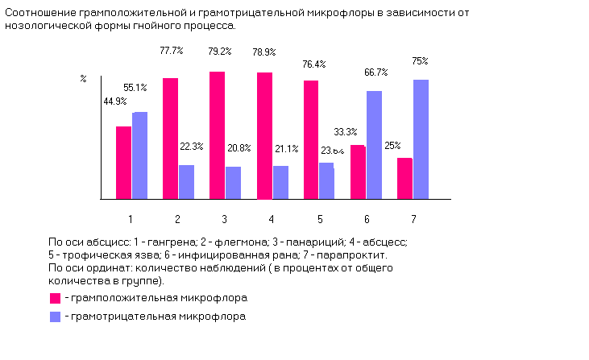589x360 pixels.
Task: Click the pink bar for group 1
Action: point(123,162)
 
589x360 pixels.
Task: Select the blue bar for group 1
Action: point(139,155)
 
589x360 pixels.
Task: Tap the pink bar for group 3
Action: point(217,134)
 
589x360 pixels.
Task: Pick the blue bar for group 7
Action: point(421,139)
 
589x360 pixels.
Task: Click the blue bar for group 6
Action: point(373,144)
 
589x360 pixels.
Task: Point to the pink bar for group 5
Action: point(311,139)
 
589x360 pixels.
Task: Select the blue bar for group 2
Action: point(186,181)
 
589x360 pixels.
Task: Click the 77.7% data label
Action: point(171,50)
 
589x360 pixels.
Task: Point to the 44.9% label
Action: point(114,101)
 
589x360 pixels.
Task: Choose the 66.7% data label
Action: point(375,72)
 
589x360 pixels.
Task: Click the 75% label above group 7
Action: point(420,60)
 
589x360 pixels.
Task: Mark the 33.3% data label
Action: point(345,131)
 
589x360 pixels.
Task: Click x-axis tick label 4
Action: point(272,219)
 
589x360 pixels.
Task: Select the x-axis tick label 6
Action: point(367,219)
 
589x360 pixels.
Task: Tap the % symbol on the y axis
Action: point(83,78)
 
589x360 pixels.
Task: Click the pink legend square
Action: point(55,297)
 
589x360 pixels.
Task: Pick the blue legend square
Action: point(55,317)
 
